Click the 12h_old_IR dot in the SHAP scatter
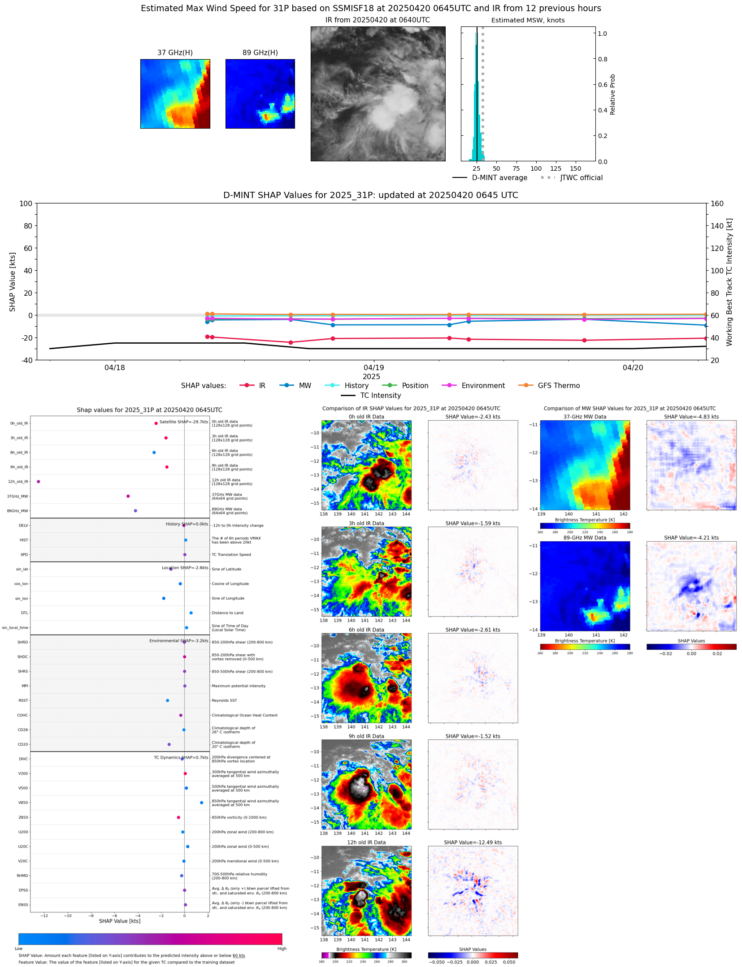[39, 482]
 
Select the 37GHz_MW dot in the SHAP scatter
[128, 496]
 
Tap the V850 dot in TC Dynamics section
[202, 803]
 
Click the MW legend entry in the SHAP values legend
[305, 385]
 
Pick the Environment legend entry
[483, 385]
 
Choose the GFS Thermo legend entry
[559, 385]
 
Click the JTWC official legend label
[581, 177]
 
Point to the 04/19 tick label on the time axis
[373, 367]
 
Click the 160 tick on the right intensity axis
[717, 203]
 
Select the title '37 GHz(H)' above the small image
[175, 52]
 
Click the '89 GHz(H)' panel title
[260, 52]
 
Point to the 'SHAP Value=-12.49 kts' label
[473, 842]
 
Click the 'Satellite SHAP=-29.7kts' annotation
[183, 422]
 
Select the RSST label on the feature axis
[23, 700]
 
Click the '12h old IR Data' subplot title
[366, 842]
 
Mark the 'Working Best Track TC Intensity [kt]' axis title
[729, 282]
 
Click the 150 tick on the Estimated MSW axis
[575, 168]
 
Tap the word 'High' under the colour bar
[282, 948]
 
